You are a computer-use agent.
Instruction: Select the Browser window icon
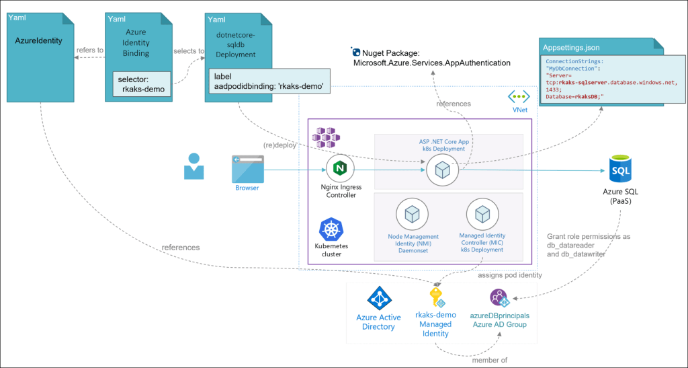(x=247, y=168)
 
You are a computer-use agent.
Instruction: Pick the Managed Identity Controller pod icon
(x=482, y=214)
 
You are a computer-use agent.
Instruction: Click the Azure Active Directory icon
(x=378, y=297)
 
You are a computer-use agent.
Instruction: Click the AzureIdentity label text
(x=39, y=40)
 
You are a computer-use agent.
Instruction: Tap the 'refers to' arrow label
(x=90, y=49)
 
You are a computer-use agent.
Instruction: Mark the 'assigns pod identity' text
(x=511, y=275)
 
